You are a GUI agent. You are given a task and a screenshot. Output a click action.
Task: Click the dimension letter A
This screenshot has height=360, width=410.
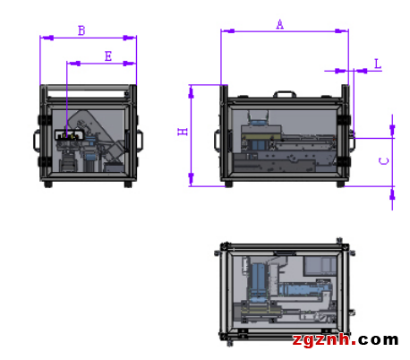(x=279, y=24)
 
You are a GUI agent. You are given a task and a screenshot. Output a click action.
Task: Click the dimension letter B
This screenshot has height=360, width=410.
(x=81, y=30)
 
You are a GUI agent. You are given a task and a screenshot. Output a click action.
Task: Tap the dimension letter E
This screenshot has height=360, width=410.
(x=108, y=56)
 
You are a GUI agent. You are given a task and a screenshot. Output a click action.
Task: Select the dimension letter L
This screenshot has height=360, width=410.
(x=378, y=64)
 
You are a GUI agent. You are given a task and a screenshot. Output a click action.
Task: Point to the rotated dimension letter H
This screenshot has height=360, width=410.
(x=183, y=132)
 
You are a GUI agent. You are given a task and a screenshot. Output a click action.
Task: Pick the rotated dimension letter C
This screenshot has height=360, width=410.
(x=384, y=161)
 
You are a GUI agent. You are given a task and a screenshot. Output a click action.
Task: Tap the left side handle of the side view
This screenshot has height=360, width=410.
(x=37, y=141)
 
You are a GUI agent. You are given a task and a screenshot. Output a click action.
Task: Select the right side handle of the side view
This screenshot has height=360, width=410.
(x=140, y=141)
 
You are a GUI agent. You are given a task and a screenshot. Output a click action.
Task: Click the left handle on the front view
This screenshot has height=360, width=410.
(x=218, y=141)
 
